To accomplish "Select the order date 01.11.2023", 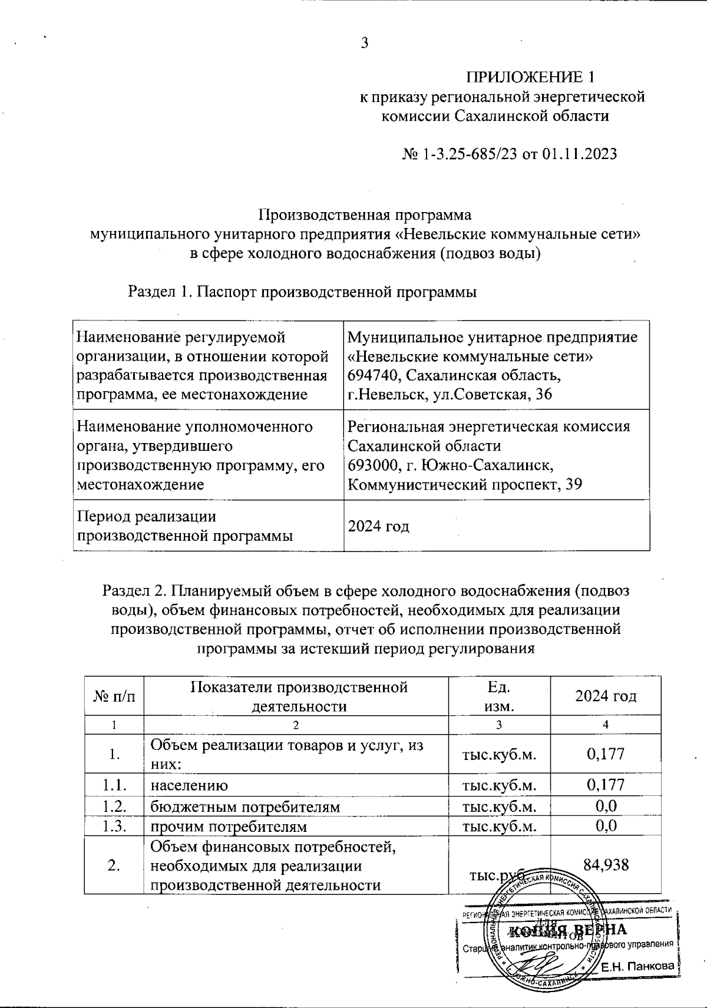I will coord(579,154).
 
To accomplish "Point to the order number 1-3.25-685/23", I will coord(468,154).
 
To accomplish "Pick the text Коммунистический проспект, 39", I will coord(465,484).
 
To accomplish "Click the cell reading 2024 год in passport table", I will coord(378,526).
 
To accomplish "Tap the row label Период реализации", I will coord(147,516).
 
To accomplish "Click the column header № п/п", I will coord(114,696).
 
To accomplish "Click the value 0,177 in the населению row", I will coord(606,785).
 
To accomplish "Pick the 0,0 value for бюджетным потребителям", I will coord(606,805).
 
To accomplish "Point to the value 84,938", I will coord(606,865).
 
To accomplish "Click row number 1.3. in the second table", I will coord(114,826).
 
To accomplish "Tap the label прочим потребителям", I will coord(229,826).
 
